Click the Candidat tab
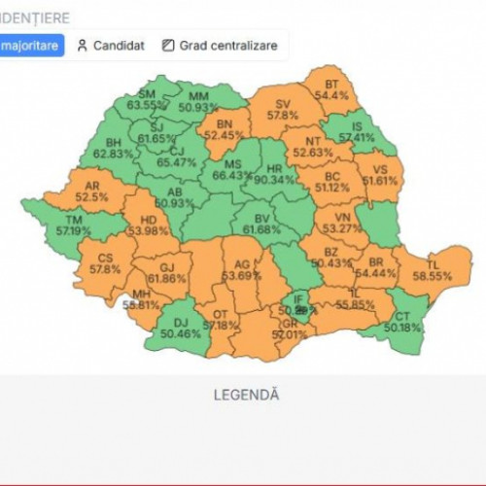(111, 46)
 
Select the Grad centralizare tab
(220, 46)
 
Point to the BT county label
(332, 85)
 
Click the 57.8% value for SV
(284, 115)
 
